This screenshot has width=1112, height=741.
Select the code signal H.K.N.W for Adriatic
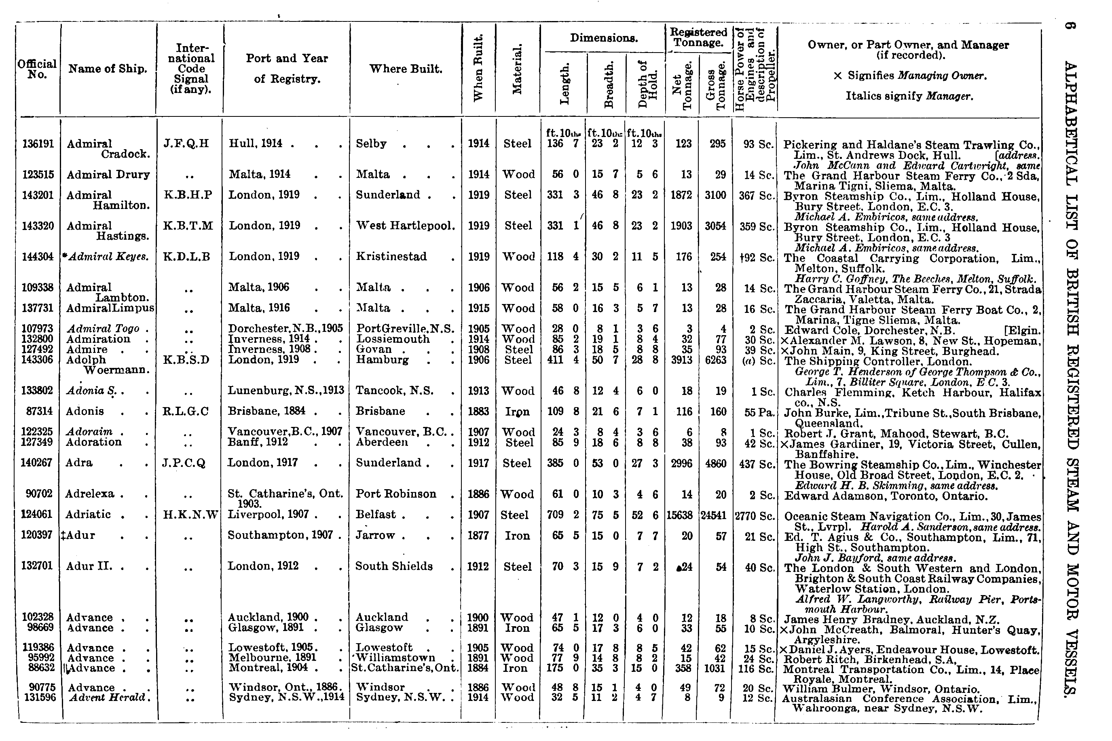pos(190,515)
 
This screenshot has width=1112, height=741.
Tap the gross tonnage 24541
pos(714,515)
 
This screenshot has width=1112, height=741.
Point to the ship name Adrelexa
pos(90,494)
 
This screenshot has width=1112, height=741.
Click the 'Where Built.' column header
pos(406,69)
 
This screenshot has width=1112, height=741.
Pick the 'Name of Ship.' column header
pos(108,69)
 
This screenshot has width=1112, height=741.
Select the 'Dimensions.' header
pos(603,38)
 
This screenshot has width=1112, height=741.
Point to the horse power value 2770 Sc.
pos(754,515)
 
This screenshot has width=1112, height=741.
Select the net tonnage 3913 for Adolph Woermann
pos(681,360)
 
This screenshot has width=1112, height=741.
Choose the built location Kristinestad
pos(391,257)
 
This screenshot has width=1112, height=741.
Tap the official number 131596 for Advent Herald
pos(39,697)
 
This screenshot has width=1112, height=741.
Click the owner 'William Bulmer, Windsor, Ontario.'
pos(881,689)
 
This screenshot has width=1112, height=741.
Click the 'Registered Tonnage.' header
pos(698,37)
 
